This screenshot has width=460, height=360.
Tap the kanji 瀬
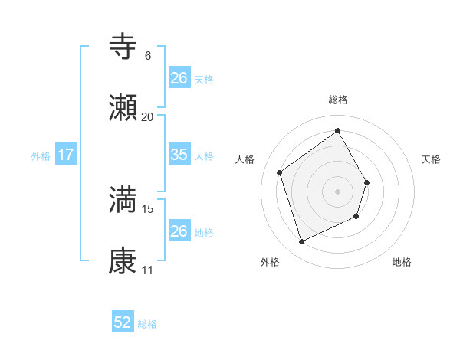(x=123, y=107)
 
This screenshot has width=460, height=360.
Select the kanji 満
(x=123, y=200)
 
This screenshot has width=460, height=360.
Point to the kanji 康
(x=123, y=260)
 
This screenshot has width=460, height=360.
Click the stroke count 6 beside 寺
(x=147, y=56)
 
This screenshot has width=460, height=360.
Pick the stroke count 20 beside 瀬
(x=147, y=116)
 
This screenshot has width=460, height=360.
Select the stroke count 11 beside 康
(x=147, y=270)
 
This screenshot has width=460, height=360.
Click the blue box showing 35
(x=179, y=155)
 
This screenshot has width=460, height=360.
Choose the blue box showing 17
(x=66, y=155)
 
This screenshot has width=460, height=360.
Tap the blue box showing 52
(x=123, y=322)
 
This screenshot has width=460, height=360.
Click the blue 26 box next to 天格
(x=179, y=78)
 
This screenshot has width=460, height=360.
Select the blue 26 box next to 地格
(x=179, y=231)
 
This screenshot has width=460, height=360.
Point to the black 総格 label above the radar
(x=337, y=100)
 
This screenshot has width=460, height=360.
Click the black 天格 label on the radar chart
(x=432, y=159)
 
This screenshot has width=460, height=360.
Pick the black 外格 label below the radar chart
(x=270, y=262)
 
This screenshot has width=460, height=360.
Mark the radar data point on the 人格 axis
(x=280, y=172)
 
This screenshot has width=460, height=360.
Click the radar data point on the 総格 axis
(x=337, y=130)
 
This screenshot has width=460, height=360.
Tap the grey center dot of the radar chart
(x=337, y=191)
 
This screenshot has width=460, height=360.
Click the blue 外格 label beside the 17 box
(x=41, y=155)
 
